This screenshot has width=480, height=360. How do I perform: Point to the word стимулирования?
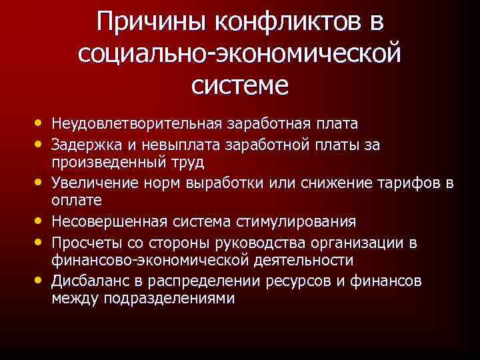(x=300, y=221)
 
